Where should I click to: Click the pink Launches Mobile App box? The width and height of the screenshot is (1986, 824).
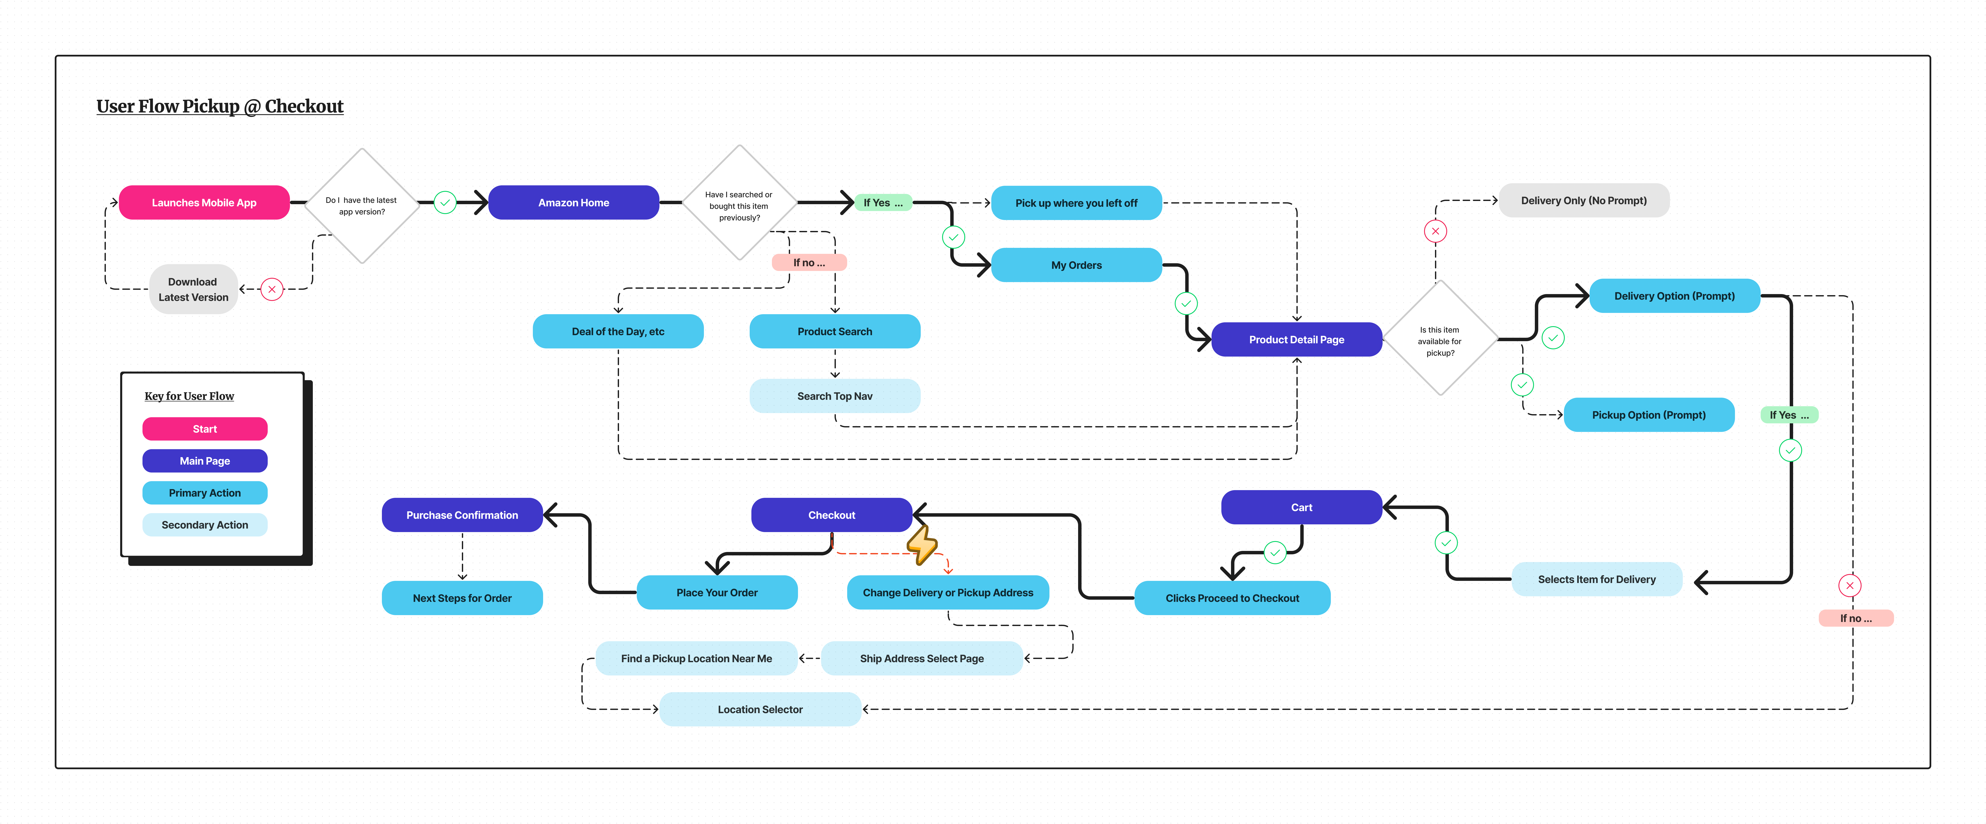tap(204, 202)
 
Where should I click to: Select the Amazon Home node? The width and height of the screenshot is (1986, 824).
tap(574, 202)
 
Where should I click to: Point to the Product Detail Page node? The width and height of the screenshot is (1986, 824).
tap(1297, 339)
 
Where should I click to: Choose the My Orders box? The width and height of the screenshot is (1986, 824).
tap(1076, 265)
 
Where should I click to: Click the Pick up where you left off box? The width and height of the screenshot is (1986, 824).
tap(1076, 203)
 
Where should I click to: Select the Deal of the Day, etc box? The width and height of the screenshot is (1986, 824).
tap(618, 331)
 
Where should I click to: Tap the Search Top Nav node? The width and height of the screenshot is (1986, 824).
tap(835, 396)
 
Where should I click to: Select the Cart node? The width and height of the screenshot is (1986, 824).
tap(1301, 507)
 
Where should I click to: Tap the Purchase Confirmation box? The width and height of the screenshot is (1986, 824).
tap(463, 515)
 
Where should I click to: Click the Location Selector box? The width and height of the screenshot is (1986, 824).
tap(760, 709)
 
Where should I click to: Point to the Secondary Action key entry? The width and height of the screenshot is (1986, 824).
tap(205, 525)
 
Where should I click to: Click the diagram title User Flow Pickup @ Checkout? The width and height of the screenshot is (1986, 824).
tap(220, 106)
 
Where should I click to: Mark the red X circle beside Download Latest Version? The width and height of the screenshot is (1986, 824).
tap(272, 289)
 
